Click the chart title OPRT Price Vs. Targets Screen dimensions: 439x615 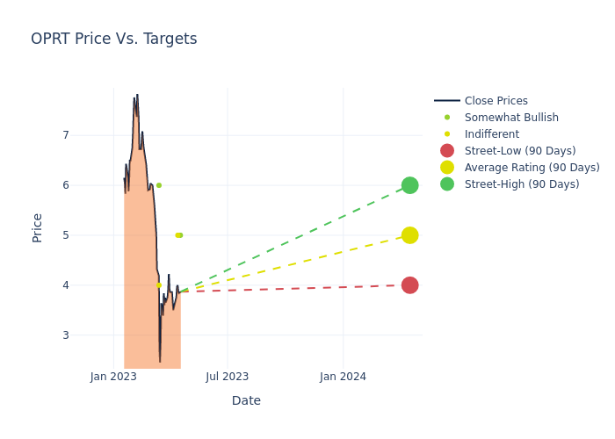(114, 39)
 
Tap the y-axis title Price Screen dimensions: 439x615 (37, 227)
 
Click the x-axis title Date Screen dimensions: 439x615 (246, 400)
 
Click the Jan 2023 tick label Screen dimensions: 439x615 (113, 377)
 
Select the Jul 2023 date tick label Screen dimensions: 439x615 (228, 377)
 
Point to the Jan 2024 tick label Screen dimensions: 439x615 (343, 377)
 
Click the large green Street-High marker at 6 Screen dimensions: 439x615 (409, 185)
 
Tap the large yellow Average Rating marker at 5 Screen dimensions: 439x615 (409, 235)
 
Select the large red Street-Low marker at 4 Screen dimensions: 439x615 (409, 285)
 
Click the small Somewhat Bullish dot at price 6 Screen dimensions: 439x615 (159, 185)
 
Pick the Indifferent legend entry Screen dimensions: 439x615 (491, 134)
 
